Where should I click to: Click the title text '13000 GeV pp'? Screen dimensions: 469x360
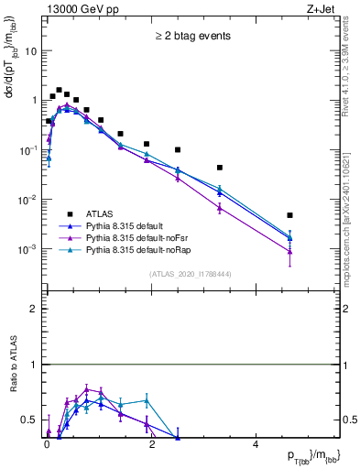(74, 8)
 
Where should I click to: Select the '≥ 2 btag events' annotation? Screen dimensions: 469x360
(191, 36)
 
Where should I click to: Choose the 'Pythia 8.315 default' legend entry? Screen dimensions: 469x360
(125, 225)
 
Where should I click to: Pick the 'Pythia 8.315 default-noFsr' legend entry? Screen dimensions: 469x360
(134, 237)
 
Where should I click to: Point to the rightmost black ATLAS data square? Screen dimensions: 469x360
(289, 215)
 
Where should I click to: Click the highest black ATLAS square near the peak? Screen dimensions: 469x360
(59, 91)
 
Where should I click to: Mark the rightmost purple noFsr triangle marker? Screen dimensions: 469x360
(289, 251)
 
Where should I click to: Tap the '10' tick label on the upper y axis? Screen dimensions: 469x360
(31, 51)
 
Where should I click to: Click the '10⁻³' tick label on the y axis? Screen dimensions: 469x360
(27, 249)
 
